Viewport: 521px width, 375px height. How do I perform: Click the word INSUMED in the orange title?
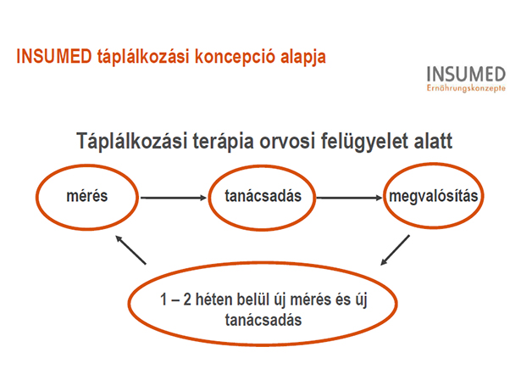pos(54,56)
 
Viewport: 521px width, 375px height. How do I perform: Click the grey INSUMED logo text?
pos(466,74)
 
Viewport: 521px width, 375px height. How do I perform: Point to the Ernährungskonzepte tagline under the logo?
pos(466,88)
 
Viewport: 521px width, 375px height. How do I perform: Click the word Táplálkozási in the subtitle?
pos(131,141)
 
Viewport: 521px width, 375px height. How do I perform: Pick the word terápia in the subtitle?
pos(224,142)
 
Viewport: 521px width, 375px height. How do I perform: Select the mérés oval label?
pos(87,196)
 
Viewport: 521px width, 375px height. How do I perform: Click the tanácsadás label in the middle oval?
pos(263,196)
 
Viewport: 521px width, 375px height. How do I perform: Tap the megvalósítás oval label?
pos(434,196)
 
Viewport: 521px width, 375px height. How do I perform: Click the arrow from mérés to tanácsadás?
pos(174,198)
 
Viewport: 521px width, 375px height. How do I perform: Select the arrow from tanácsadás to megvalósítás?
pos(349,198)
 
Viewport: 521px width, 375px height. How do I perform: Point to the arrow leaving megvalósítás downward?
pos(395,250)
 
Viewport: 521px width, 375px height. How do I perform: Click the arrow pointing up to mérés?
pos(130,250)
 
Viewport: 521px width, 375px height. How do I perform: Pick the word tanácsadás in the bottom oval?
pos(263,320)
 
